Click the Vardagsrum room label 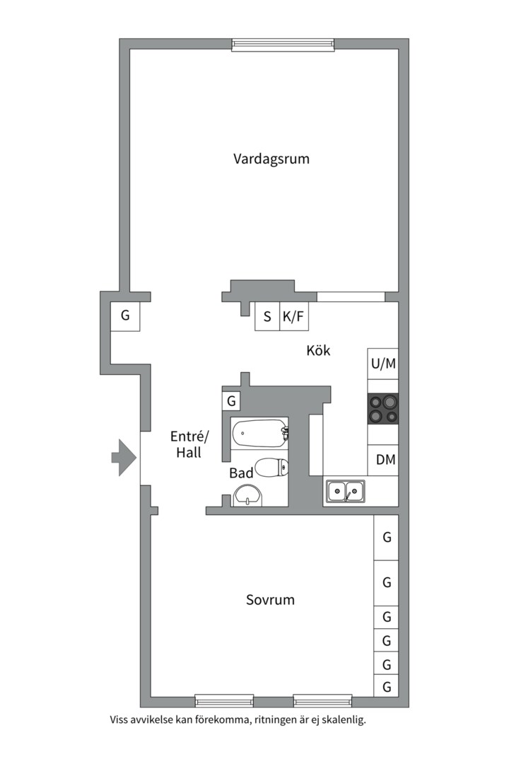click(271, 159)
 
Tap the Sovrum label click(270, 599)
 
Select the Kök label click(318, 350)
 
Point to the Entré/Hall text click(189, 444)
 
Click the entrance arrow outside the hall click(124, 457)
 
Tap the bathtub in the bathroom click(259, 433)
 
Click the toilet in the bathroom click(271, 468)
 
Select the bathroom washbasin click(248, 495)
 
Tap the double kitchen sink click(345, 491)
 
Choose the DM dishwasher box click(383, 460)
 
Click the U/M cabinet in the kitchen click(383, 364)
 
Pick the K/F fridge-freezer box click(293, 316)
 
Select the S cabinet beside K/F click(267, 316)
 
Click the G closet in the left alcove click(125, 316)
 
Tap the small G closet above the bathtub click(231, 401)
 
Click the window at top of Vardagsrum click(283, 45)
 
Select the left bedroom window click(224, 701)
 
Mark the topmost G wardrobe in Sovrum click(386, 538)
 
